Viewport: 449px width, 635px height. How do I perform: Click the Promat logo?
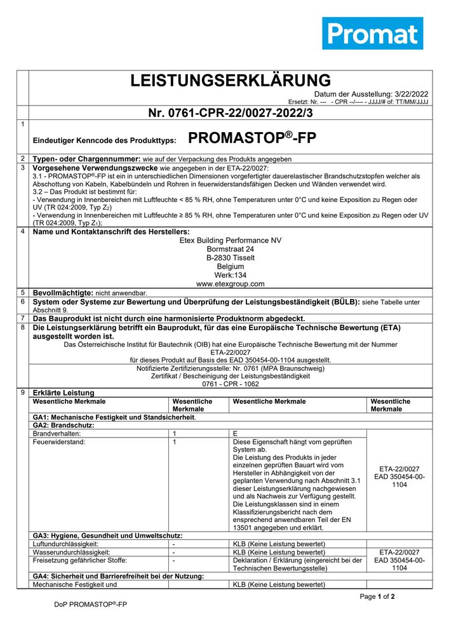[372, 33]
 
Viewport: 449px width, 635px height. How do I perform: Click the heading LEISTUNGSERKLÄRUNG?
[231, 81]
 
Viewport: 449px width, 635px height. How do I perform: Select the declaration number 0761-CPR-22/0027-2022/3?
[231, 114]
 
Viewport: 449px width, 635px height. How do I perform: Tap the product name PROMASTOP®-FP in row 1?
[252, 138]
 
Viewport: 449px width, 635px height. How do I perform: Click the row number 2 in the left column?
[22, 158]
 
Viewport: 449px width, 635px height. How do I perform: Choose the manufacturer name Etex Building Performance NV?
[231, 240]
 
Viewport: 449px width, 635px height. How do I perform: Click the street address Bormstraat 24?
[231, 249]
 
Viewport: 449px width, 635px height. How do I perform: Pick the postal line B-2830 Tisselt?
[231, 258]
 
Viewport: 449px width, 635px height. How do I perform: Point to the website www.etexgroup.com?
[231, 284]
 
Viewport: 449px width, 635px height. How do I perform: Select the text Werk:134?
[231, 275]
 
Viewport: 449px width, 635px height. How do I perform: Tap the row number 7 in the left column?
[22, 318]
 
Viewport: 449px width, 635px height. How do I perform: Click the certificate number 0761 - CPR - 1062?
[231, 384]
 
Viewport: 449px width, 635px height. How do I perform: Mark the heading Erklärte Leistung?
[64, 392]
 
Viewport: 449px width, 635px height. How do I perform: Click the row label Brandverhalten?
[59, 433]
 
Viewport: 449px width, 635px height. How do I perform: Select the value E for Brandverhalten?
[236, 433]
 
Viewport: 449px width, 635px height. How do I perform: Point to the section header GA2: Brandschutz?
[64, 425]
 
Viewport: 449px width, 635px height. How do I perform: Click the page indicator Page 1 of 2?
[377, 596]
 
